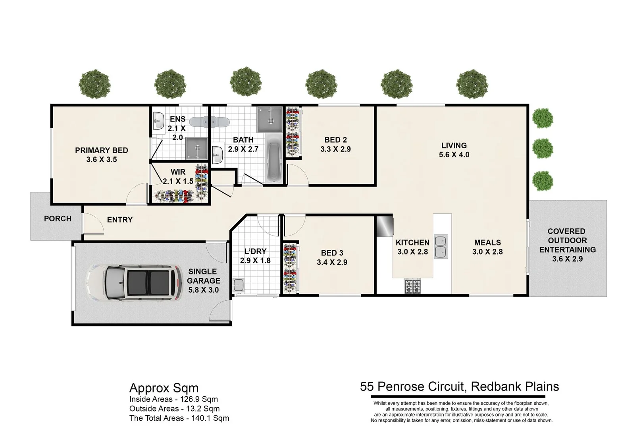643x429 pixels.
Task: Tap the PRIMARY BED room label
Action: tap(102, 150)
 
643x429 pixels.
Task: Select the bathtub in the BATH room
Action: tap(274, 159)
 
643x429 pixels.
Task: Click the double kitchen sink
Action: tap(441, 247)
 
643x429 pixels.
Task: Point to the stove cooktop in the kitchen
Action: tap(412, 286)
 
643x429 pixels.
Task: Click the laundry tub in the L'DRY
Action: tap(238, 285)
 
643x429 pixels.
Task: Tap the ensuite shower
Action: tap(196, 148)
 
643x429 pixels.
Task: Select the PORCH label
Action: tap(58, 218)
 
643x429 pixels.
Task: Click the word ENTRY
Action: tap(120, 220)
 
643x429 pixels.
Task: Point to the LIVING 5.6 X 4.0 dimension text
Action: tap(454, 155)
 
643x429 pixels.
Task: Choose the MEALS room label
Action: tap(487, 243)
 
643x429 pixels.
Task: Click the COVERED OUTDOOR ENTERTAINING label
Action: tap(568, 240)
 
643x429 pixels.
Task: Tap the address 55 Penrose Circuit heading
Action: tap(460, 386)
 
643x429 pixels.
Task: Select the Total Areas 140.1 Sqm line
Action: tap(179, 418)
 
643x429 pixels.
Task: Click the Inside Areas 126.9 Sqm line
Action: tap(174, 399)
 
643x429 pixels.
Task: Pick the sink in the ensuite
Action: tap(158, 121)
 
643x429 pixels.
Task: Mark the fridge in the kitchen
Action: tap(385, 226)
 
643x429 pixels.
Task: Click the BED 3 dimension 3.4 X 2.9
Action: tap(332, 262)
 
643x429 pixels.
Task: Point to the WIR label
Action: tap(178, 172)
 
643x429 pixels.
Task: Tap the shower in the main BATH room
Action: tap(270, 120)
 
